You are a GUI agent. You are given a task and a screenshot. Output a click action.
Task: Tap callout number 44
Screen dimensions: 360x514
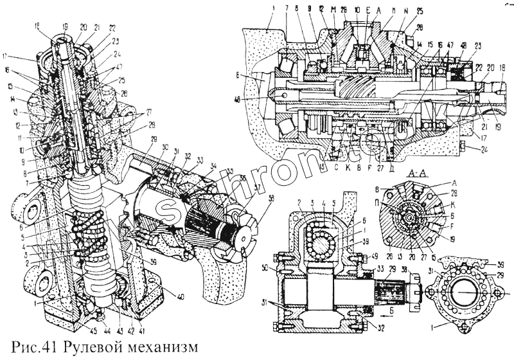[103, 319]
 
